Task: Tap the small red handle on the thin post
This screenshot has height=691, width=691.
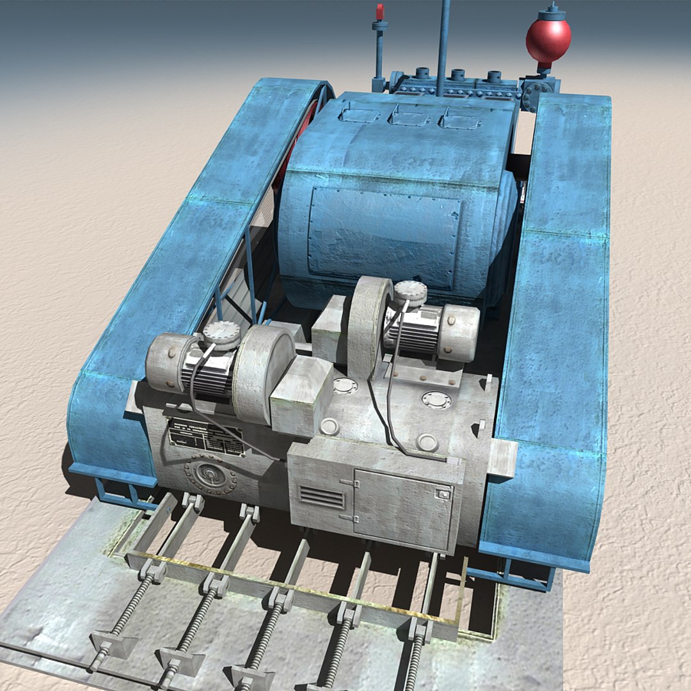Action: click(x=379, y=12)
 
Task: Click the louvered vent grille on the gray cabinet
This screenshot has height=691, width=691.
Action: click(x=322, y=497)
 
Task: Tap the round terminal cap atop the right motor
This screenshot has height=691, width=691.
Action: click(x=410, y=292)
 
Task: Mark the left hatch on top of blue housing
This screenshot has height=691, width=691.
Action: click(x=360, y=114)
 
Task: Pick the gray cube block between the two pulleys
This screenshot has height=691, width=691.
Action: click(x=301, y=396)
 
